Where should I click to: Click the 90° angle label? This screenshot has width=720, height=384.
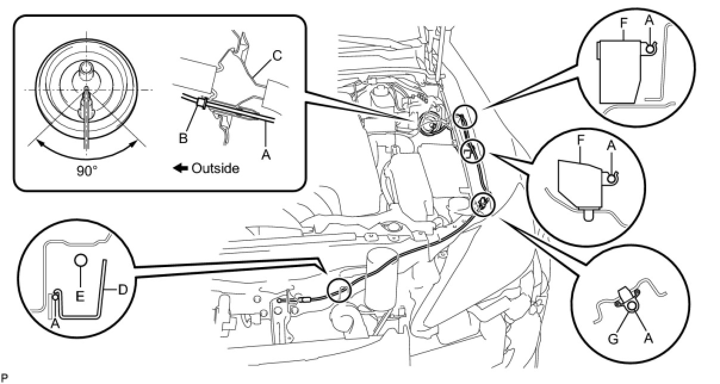[87, 171]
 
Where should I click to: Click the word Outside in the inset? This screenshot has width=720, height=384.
[215, 168]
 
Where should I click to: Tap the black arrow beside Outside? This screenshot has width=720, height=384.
[181, 168]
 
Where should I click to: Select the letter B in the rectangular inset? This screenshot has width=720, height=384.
[183, 138]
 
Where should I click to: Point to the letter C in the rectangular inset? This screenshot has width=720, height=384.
[277, 55]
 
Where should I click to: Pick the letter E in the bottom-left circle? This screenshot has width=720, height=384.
[80, 296]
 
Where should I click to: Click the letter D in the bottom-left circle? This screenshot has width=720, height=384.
[123, 290]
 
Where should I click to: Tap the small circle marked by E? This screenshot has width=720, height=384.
[80, 260]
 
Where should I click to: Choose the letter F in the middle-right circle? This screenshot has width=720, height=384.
[581, 140]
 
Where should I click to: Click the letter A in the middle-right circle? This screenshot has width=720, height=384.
[612, 145]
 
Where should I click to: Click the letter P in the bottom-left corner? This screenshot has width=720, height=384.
[4, 377]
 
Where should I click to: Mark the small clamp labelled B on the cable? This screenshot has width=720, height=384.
[202, 104]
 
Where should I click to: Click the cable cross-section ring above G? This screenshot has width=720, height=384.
[631, 306]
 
